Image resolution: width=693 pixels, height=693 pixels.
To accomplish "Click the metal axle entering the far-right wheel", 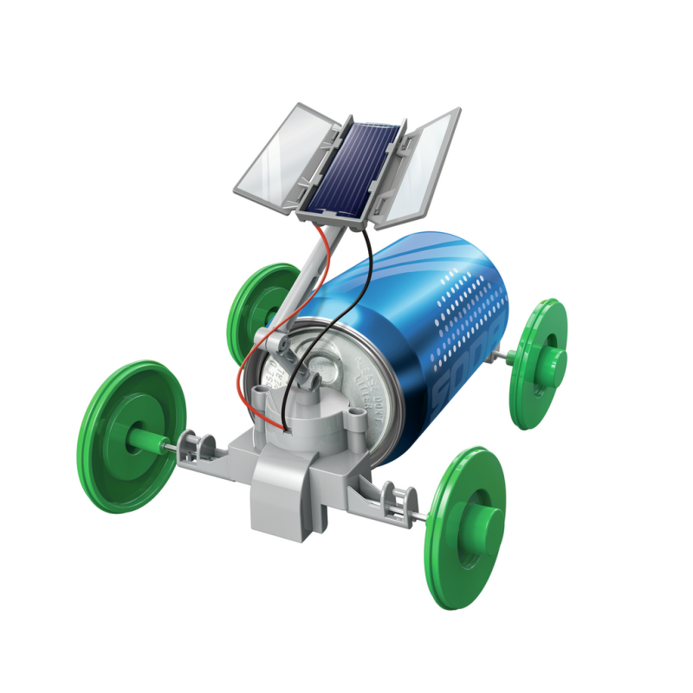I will pos(512,355).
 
